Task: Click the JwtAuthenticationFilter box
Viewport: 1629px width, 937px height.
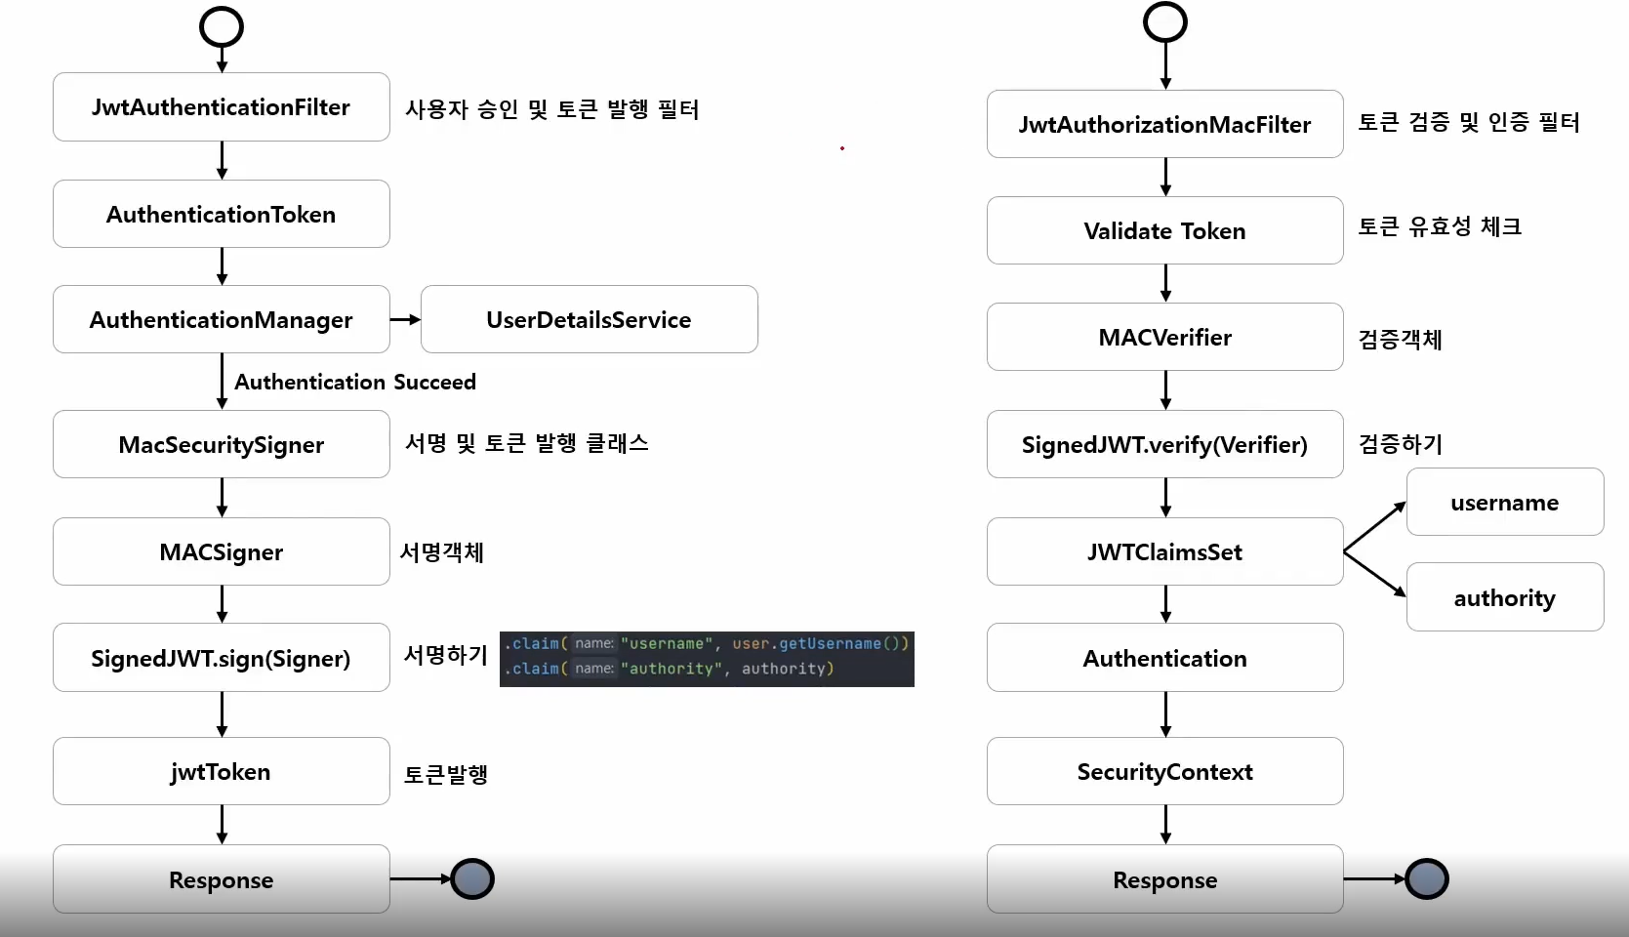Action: [221, 107]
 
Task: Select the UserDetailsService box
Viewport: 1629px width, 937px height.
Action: [589, 319]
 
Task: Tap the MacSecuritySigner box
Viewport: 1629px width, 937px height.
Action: [221, 444]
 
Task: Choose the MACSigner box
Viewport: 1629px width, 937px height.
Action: [221, 551]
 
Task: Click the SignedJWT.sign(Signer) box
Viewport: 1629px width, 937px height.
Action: [221, 658]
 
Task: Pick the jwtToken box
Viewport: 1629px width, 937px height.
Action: [221, 771]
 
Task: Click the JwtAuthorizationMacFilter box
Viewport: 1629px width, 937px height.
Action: [1164, 124]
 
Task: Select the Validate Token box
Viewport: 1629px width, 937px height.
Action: [1164, 230]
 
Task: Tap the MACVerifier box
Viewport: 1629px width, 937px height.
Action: [1164, 337]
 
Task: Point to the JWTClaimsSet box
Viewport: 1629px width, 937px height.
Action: [1164, 551]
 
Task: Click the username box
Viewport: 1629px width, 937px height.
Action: [1504, 503]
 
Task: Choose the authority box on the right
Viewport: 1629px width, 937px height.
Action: [1504, 597]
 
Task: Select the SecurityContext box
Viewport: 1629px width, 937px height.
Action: [1164, 771]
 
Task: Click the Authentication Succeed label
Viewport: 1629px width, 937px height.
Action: [355, 382]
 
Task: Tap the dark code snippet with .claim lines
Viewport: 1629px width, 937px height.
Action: [707, 659]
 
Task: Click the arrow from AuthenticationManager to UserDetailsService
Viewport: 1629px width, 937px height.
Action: [405, 319]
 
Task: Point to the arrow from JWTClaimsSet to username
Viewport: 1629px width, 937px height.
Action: [1374, 527]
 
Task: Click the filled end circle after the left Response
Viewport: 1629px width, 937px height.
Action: [473, 878]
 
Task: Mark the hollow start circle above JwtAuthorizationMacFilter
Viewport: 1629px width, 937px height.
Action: [1165, 22]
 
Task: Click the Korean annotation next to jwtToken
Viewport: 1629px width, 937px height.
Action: [446, 774]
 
